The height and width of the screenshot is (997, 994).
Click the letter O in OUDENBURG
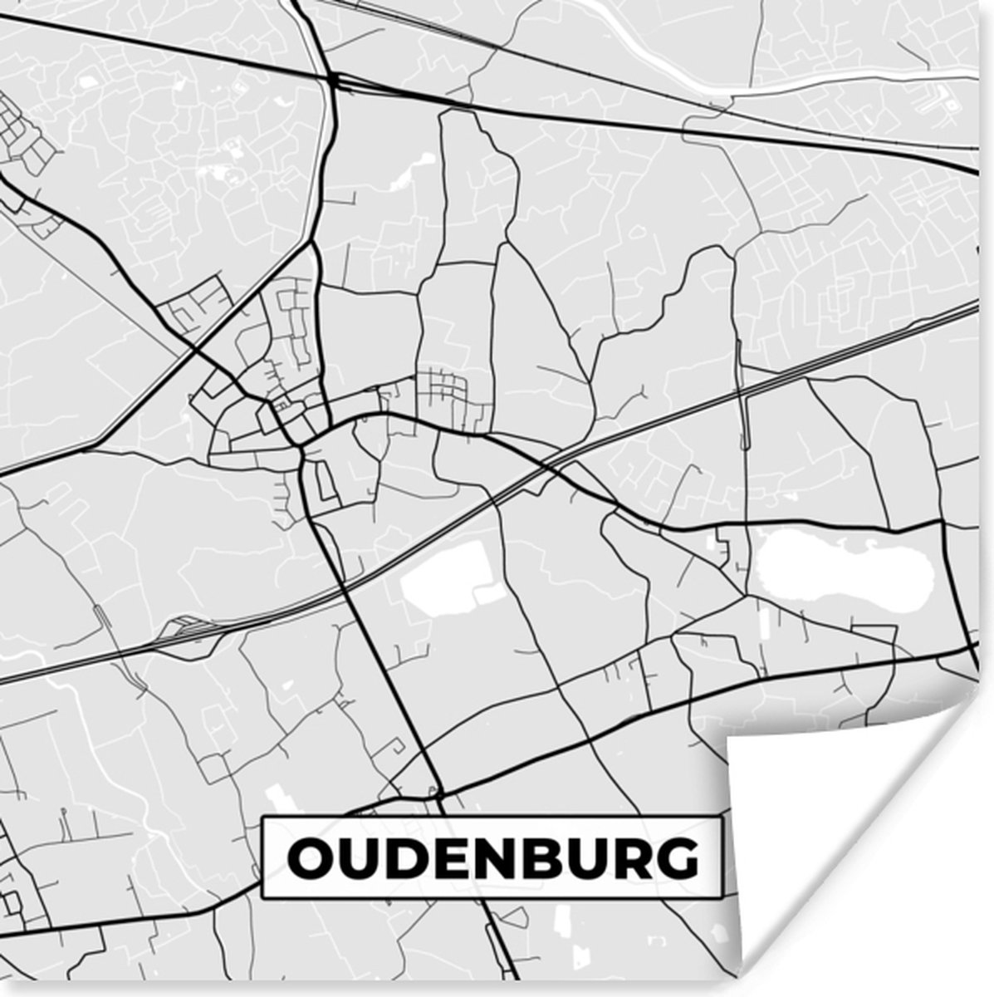307,859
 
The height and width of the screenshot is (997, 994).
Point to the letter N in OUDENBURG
485,859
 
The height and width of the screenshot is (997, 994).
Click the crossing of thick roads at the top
334,80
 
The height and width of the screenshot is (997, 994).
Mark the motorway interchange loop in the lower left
183,629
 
